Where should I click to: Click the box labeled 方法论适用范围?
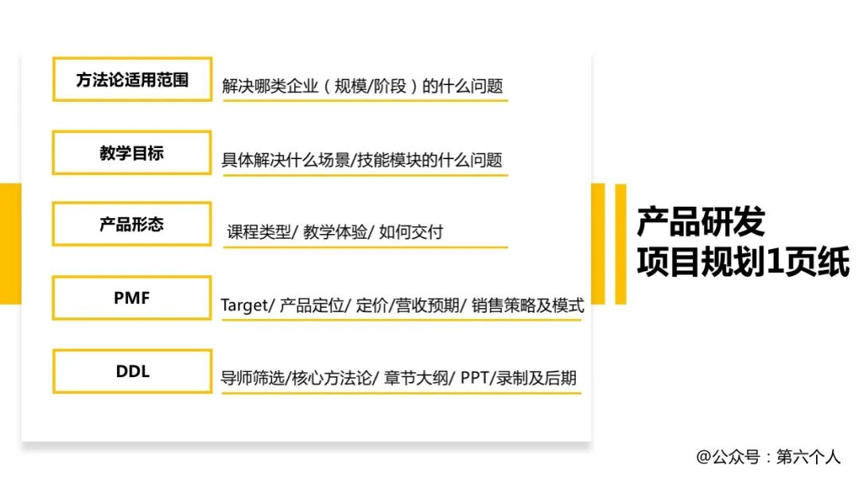point(132,80)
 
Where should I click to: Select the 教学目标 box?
point(132,153)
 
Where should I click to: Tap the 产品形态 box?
point(132,224)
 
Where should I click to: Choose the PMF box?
point(132,298)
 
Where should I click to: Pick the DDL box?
point(132,371)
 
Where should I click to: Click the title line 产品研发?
point(701,222)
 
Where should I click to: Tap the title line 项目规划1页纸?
point(742,262)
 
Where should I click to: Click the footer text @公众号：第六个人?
point(768,457)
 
